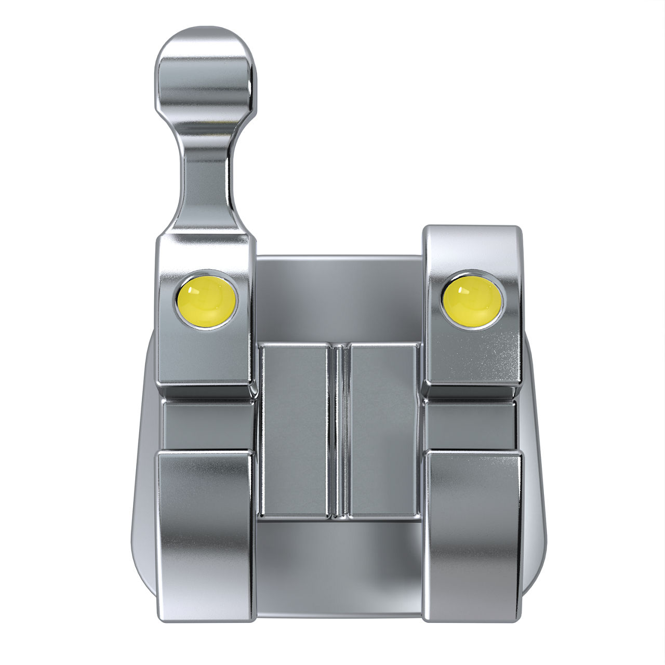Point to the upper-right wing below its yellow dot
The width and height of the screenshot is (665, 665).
click(473, 358)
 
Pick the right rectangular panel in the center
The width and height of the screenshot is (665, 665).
click(383, 429)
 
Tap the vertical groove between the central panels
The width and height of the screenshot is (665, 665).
click(339, 429)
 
